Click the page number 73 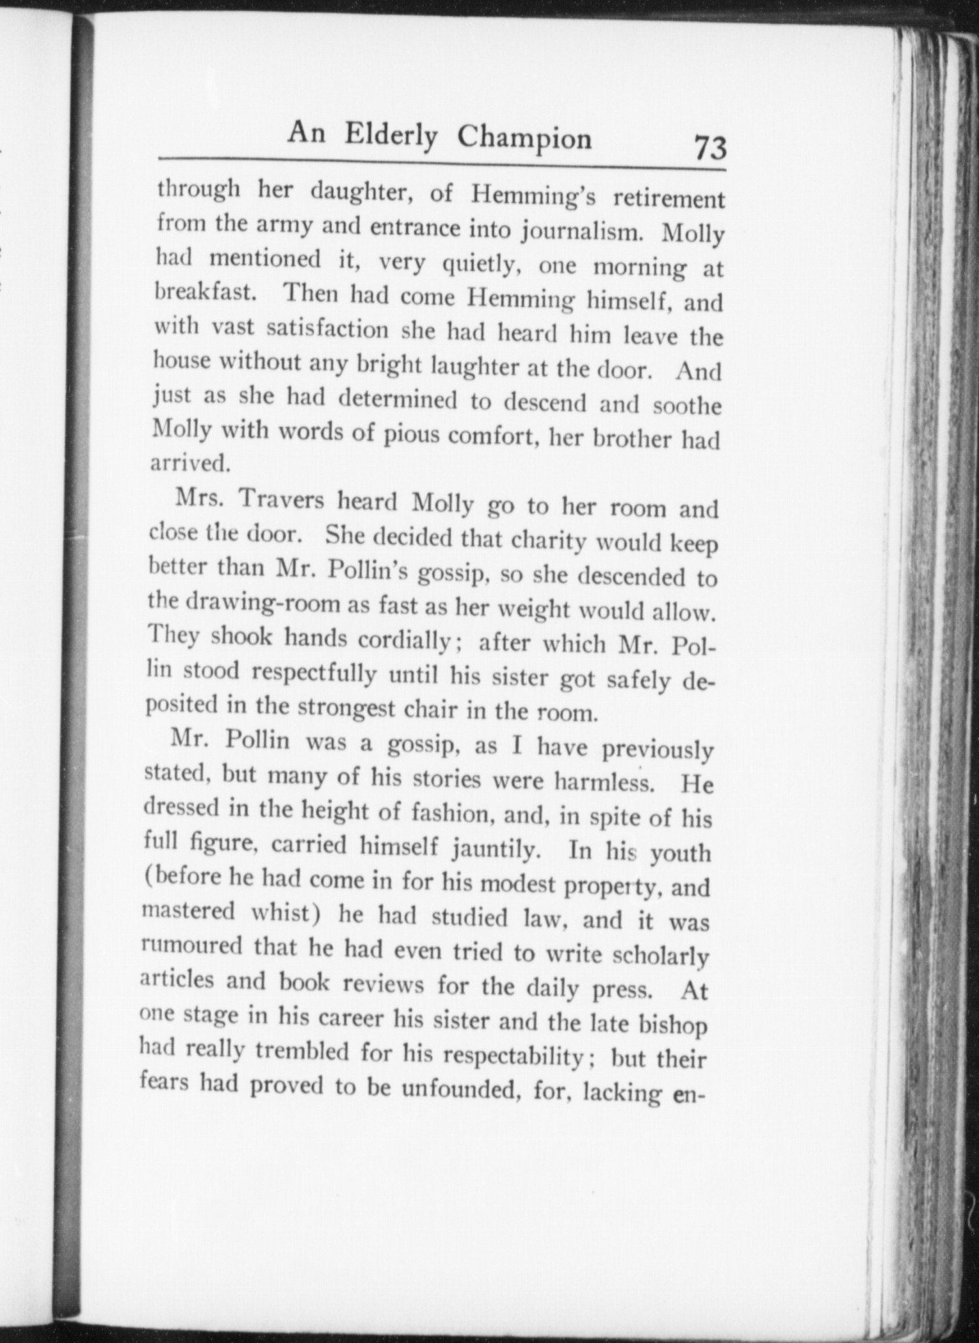tap(710, 148)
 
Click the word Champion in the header tap(524, 137)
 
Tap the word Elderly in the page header tap(391, 135)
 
